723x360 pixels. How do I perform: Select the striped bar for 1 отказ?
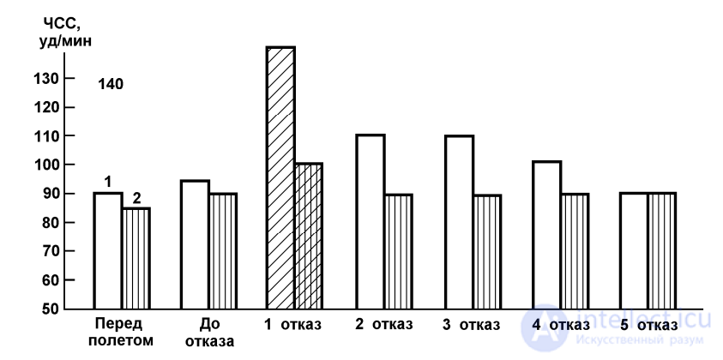coord(308,236)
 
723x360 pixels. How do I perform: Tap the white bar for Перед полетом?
coord(107,250)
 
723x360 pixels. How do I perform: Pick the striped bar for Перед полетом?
coord(136,258)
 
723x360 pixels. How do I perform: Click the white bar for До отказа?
coord(195,244)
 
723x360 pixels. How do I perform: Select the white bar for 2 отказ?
coord(370,221)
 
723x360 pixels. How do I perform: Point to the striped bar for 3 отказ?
coord(486,251)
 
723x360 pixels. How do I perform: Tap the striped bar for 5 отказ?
coord(661,250)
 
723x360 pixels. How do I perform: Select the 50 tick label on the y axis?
coord(50,309)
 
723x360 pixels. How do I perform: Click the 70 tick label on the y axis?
coord(50,251)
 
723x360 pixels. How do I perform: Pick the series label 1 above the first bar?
coord(108,182)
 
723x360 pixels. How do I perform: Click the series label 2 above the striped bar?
coord(136,198)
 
